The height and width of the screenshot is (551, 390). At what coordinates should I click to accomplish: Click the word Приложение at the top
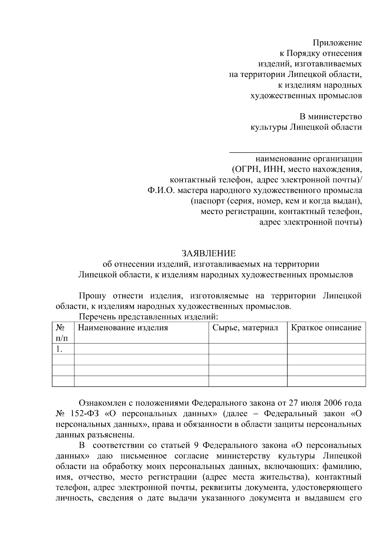pos(337,43)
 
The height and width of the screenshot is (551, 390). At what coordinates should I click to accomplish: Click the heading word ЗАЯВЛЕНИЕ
pos(209,253)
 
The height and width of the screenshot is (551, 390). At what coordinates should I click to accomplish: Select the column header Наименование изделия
pos(123,328)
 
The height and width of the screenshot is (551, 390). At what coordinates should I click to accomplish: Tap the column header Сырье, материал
pos(245,328)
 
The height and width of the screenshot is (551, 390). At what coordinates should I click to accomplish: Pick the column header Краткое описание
pos(326,328)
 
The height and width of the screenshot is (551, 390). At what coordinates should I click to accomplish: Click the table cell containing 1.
pos(59,349)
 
